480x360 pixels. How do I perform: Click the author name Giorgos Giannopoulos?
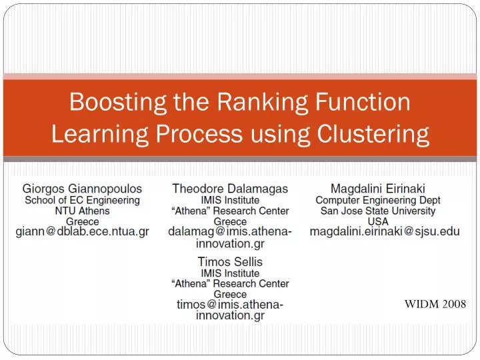coord(83,189)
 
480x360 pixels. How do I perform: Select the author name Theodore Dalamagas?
coord(230,189)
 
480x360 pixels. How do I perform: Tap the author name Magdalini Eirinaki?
coord(378,189)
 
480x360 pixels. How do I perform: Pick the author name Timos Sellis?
coord(230,262)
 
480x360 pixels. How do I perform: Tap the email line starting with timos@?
coord(230,305)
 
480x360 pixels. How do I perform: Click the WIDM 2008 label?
coord(435,304)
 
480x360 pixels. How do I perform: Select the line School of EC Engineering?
coord(83,200)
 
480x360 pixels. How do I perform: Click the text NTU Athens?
coord(83,211)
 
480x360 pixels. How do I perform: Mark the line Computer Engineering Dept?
coord(378,200)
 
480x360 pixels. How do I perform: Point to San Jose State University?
coord(378,211)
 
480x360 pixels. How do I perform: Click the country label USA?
coord(378,221)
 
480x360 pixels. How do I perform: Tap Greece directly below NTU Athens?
coord(83,221)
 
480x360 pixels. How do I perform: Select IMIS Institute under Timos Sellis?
coord(230,273)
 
